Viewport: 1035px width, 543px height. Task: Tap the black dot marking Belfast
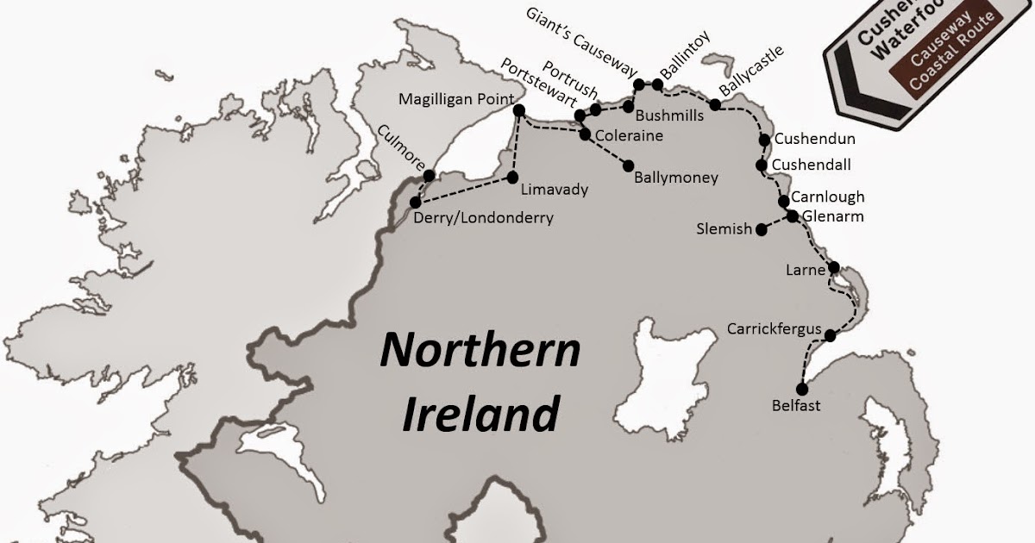pos(802,388)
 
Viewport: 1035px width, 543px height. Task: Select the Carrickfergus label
pos(774,328)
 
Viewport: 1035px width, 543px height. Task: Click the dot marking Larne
pos(833,266)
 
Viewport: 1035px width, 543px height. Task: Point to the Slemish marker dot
pos(761,230)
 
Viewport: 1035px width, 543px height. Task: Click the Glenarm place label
pos(832,216)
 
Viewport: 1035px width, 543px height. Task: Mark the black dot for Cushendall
pos(761,165)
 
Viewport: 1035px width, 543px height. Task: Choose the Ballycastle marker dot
pos(715,104)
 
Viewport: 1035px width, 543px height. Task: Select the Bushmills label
pos(668,113)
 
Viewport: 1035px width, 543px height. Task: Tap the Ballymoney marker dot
pos(628,165)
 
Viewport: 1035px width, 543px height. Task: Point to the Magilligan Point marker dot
pos(518,110)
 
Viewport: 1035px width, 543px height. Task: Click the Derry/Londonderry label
pos(483,218)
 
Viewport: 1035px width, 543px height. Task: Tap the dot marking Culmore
pos(430,176)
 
